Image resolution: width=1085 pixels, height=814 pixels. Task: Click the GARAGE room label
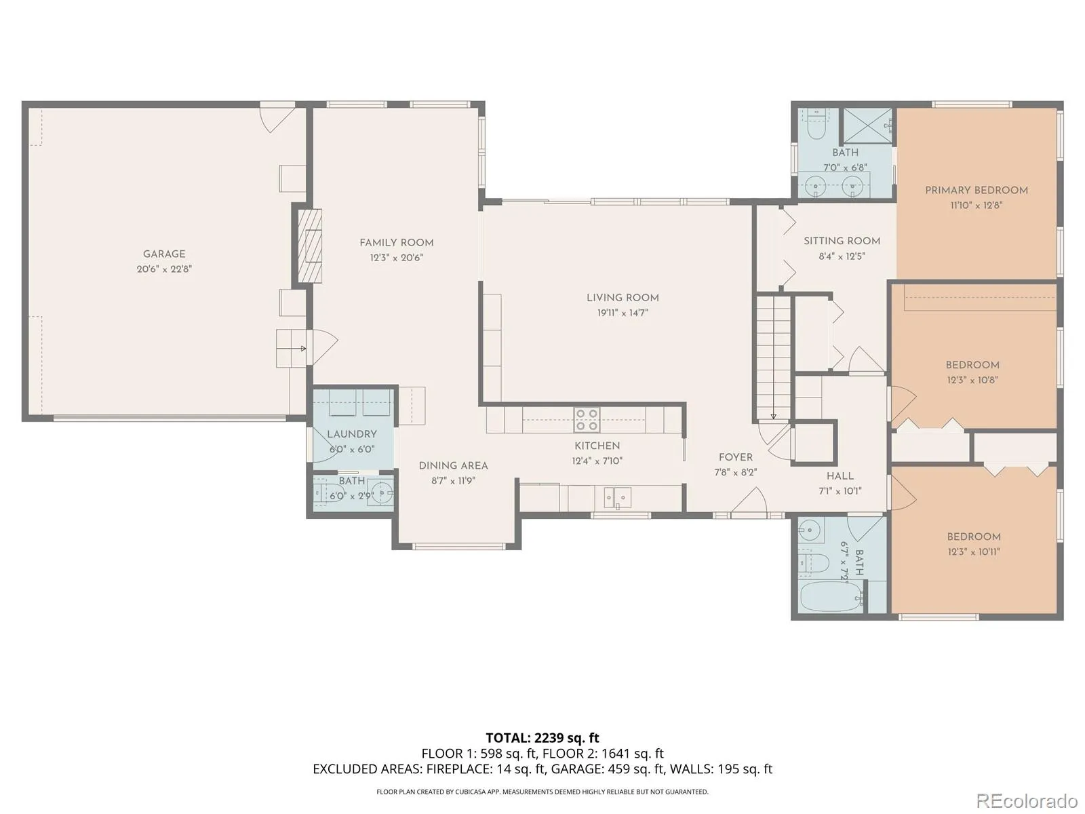pos(164,254)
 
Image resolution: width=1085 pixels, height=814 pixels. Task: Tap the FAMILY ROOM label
pos(397,243)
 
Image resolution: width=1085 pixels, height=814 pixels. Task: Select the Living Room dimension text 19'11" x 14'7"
pos(623,313)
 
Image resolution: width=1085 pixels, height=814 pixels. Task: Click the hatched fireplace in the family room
pos(309,246)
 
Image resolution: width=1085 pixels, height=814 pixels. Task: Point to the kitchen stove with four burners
pos(587,420)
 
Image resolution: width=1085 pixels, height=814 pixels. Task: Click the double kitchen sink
pos(617,498)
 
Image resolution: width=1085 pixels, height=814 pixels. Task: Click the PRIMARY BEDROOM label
pos(976,191)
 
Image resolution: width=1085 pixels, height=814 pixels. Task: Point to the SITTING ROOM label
pos(842,241)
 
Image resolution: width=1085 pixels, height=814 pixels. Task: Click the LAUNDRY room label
pos(352,434)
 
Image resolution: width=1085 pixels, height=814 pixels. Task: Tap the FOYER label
pos(736,458)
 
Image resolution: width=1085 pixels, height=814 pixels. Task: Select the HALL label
pos(840,476)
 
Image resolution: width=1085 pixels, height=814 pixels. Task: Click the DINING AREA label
pos(453,465)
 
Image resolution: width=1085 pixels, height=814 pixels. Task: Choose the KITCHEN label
pos(597,446)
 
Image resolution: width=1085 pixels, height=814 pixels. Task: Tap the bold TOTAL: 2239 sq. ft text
pos(542,738)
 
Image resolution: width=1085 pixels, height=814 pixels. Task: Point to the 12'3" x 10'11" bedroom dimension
pos(974,551)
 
